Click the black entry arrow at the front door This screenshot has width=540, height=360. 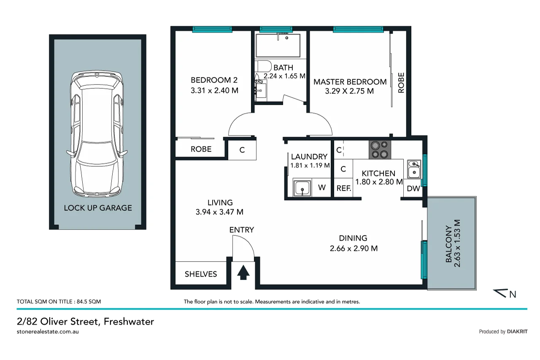point(243,273)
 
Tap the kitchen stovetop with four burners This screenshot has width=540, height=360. point(380,150)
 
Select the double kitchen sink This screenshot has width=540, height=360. point(414,169)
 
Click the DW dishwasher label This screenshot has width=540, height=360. point(413,189)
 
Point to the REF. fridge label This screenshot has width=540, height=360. point(344,189)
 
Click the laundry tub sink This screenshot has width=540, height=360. point(302,188)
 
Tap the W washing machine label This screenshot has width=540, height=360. point(322,188)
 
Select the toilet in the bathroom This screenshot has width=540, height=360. point(263,67)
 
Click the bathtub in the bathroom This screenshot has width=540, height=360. point(278,45)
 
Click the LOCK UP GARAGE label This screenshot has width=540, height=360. point(98,208)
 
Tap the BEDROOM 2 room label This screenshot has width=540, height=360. point(214,80)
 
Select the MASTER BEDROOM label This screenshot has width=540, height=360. point(350,82)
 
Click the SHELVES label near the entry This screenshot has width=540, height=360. point(201,274)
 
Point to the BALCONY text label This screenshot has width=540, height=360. point(449,244)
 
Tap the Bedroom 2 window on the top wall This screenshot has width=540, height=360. point(212,30)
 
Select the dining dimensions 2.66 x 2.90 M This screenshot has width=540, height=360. point(354,249)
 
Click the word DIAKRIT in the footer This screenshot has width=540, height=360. point(517,332)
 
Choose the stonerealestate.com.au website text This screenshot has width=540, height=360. point(48,332)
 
